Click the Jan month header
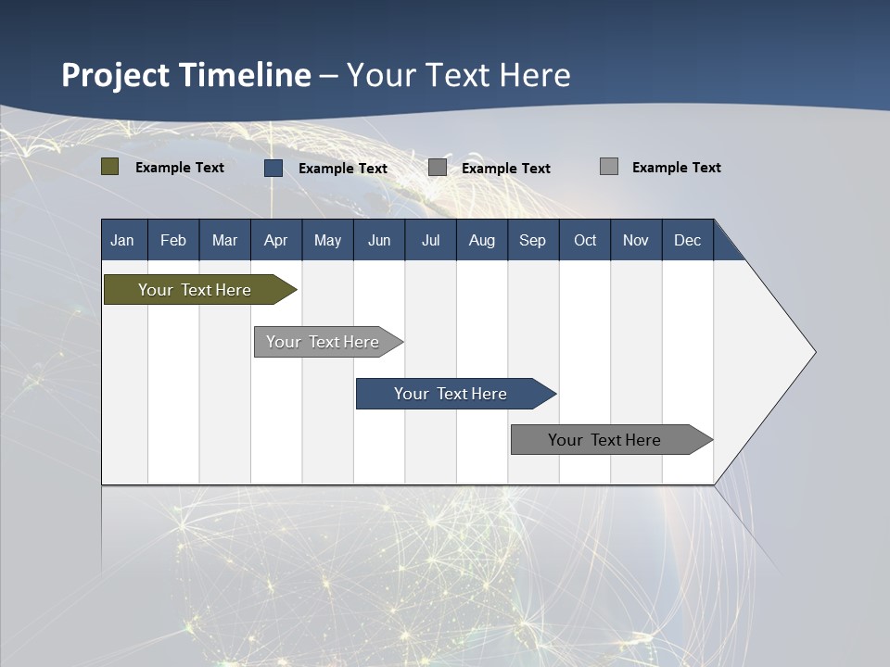[122, 240]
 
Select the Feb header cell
[173, 240]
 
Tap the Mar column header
[224, 240]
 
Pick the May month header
[327, 240]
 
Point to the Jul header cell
[430, 240]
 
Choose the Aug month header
[482, 240]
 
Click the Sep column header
[533, 240]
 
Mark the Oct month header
[585, 240]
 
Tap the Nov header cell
[636, 240]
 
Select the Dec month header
[688, 240]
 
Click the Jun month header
[379, 240]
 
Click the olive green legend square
[110, 167]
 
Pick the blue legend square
[273, 168]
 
